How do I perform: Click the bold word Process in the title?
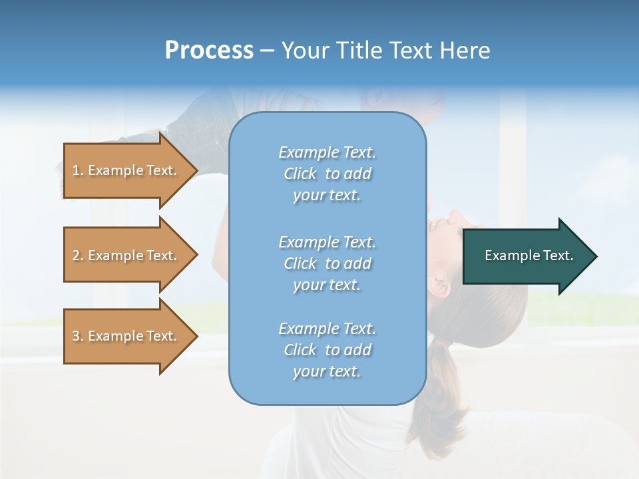tap(209, 51)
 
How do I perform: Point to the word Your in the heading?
tap(306, 51)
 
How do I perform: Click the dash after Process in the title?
tap(266, 51)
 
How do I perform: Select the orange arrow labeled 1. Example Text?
tap(126, 170)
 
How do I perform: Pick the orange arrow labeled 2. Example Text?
tap(126, 255)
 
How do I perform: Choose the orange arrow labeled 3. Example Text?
tap(126, 336)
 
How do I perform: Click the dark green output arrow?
tap(526, 256)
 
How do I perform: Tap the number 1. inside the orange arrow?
tap(77, 171)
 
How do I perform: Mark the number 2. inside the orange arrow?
tap(77, 256)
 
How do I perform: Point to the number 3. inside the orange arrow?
tap(77, 337)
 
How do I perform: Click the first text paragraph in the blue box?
tap(327, 174)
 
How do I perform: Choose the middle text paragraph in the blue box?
tap(327, 263)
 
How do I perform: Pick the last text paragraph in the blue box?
tap(327, 350)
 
